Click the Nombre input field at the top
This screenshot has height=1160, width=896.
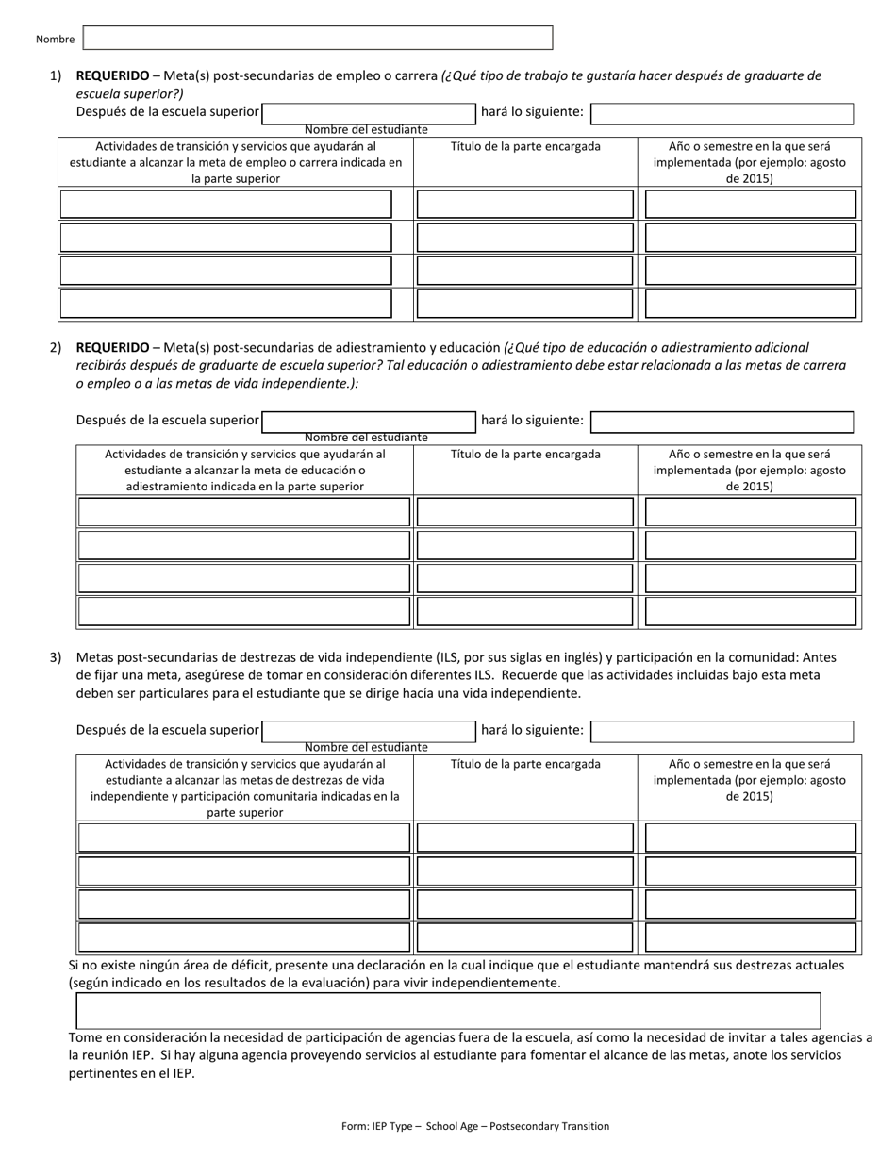coord(318,38)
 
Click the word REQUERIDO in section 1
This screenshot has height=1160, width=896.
coord(112,75)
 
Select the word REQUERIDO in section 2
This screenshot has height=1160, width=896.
coord(112,347)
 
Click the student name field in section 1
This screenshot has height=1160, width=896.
coord(369,113)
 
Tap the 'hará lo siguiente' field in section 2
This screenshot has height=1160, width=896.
coord(722,422)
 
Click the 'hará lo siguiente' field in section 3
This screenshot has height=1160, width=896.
coord(722,731)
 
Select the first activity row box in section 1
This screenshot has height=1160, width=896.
coord(226,204)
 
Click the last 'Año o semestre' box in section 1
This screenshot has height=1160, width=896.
coord(750,304)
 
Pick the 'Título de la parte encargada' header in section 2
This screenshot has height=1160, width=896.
coord(525,455)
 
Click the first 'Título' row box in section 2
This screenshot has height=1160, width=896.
coord(525,512)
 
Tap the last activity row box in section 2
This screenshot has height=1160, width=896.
coord(244,611)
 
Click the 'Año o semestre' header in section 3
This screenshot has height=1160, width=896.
coord(750,780)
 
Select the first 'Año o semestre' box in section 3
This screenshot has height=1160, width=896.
coord(750,837)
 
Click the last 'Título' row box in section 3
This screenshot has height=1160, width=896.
coord(525,936)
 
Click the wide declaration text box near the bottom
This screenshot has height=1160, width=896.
coord(448,1010)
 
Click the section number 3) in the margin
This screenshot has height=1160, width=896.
coord(56,657)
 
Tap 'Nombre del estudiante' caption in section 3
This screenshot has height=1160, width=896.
coord(366,747)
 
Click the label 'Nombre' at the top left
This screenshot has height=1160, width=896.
coord(55,40)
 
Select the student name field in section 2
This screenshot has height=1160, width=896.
coord(369,422)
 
